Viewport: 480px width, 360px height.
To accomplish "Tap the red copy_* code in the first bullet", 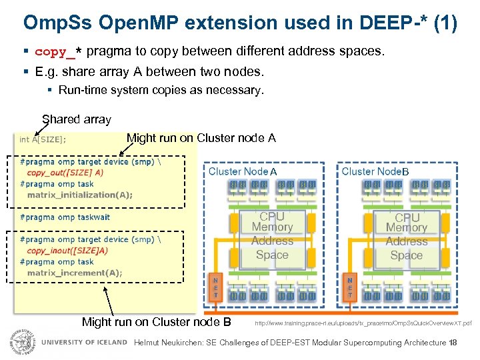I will (x=59, y=51).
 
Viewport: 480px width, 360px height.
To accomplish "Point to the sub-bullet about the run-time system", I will (x=161, y=89).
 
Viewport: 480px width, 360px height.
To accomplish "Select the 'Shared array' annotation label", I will (x=76, y=120).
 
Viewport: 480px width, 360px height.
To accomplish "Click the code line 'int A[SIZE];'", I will (x=43, y=139).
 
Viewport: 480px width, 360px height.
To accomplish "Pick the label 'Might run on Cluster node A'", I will (x=201, y=138).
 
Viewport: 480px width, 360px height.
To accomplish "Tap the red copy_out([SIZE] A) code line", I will (x=65, y=172).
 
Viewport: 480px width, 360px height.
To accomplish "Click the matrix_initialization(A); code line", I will (x=80, y=195).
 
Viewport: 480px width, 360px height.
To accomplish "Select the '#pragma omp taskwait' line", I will (x=65, y=217).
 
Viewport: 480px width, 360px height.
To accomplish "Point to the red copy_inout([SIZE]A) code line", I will (x=67, y=251).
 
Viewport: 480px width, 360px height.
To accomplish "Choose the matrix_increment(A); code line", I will (x=75, y=273).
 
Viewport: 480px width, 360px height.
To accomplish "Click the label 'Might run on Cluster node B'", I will (x=156, y=322).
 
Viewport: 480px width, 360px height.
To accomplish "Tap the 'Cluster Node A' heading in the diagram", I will (x=243, y=171).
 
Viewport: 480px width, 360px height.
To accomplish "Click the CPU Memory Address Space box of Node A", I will (x=272, y=236).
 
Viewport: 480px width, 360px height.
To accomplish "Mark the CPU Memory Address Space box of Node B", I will (x=407, y=236).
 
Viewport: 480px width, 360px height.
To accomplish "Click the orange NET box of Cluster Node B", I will (x=350, y=287).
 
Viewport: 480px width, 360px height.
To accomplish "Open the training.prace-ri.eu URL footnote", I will (x=363, y=323).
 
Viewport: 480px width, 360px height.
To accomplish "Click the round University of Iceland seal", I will (x=21, y=341).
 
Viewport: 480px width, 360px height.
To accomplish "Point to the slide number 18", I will (x=453, y=343).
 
